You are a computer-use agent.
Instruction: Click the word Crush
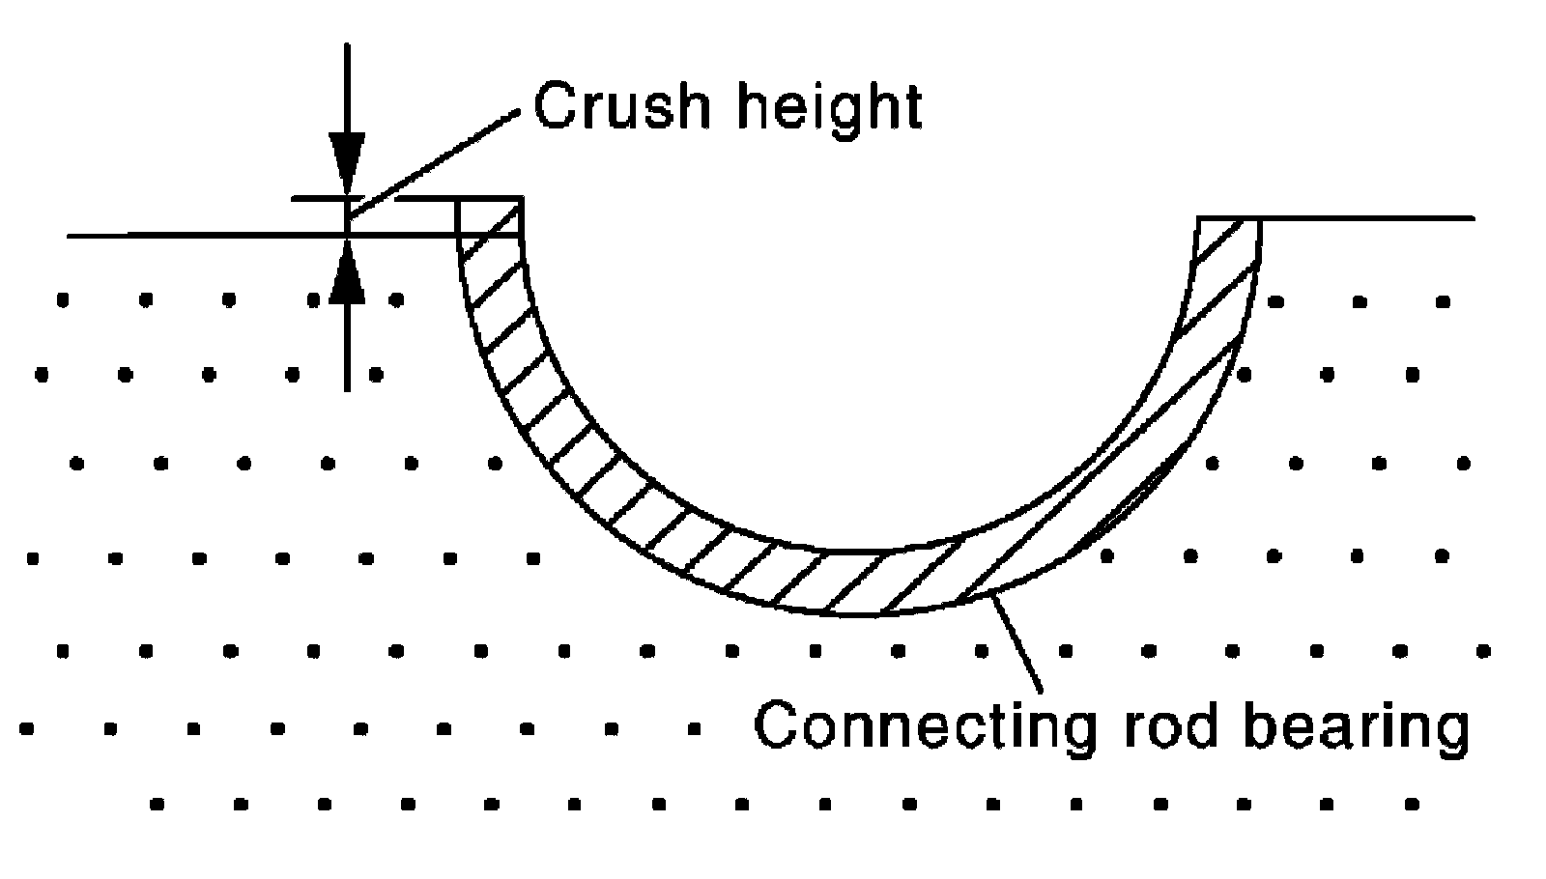pos(622,106)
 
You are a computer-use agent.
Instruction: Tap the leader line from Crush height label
pos(434,164)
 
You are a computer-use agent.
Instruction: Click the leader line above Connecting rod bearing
pos(1016,643)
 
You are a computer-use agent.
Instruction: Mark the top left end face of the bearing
pos(489,198)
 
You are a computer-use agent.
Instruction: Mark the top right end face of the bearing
pos(1229,218)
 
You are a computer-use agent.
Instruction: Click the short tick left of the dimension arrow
pos(318,199)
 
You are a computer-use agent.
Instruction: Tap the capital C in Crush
pos(557,106)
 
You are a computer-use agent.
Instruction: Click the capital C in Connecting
pos(777,724)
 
